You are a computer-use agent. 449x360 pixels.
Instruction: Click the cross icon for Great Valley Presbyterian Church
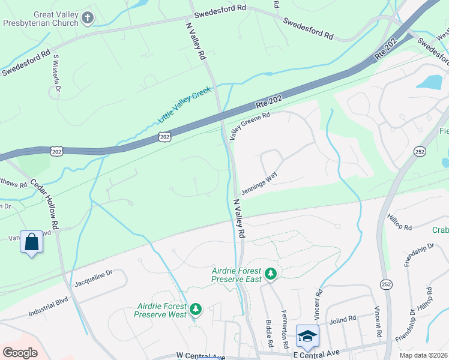(88, 18)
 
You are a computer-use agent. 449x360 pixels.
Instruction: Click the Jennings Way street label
(259, 183)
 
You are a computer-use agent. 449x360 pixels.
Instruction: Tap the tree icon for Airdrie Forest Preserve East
(271, 274)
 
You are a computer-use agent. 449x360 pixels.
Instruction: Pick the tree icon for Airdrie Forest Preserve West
(195, 310)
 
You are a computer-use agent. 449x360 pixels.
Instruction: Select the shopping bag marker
(31, 242)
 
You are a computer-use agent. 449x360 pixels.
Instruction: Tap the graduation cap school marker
(307, 335)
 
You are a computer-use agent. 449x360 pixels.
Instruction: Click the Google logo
(20, 352)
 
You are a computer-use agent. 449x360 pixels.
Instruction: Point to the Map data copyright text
(423, 355)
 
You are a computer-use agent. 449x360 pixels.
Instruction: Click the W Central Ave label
(200, 356)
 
